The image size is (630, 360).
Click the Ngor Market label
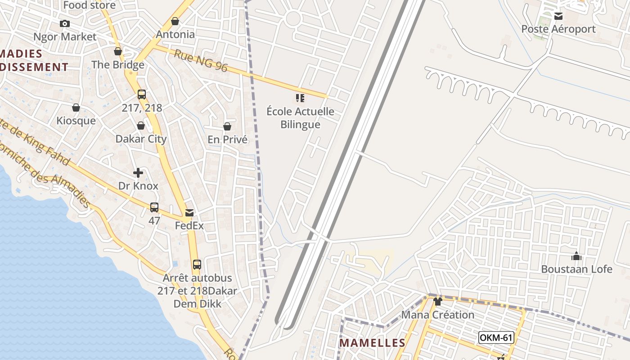coord(65,36)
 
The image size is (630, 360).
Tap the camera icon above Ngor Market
coord(65,23)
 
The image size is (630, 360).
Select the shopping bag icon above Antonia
coord(175,21)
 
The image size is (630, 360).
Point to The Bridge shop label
coord(118,64)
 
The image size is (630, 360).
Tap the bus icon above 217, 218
coord(142,94)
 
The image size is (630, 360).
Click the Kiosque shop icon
coord(76,108)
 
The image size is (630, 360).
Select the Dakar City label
coord(141,139)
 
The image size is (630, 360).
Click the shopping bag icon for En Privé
coord(227,126)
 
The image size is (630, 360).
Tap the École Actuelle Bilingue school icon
coord(300,98)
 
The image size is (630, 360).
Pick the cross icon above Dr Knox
coord(138,172)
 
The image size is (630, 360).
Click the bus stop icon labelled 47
coord(154,207)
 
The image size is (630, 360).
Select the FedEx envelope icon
coord(189,212)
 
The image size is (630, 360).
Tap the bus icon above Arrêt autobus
coord(197,264)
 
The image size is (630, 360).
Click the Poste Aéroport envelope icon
coord(558,16)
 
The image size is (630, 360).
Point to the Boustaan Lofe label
coord(576,269)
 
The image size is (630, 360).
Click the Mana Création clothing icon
coord(438,301)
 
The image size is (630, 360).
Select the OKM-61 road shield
coord(496,337)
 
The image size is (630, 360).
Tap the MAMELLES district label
coord(372,343)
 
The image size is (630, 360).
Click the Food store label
coord(89,5)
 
